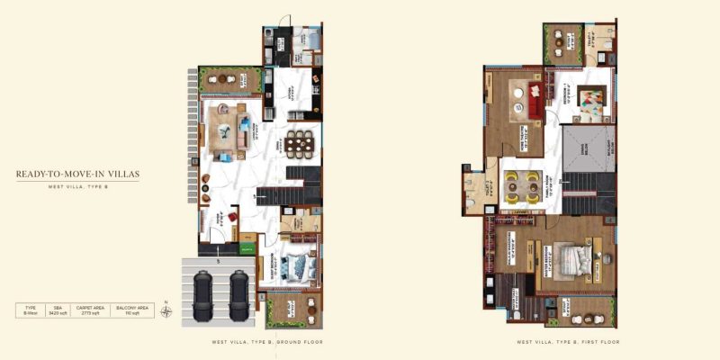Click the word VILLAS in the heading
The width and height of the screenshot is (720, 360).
click(x=121, y=174)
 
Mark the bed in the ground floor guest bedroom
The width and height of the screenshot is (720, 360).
click(x=296, y=266)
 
